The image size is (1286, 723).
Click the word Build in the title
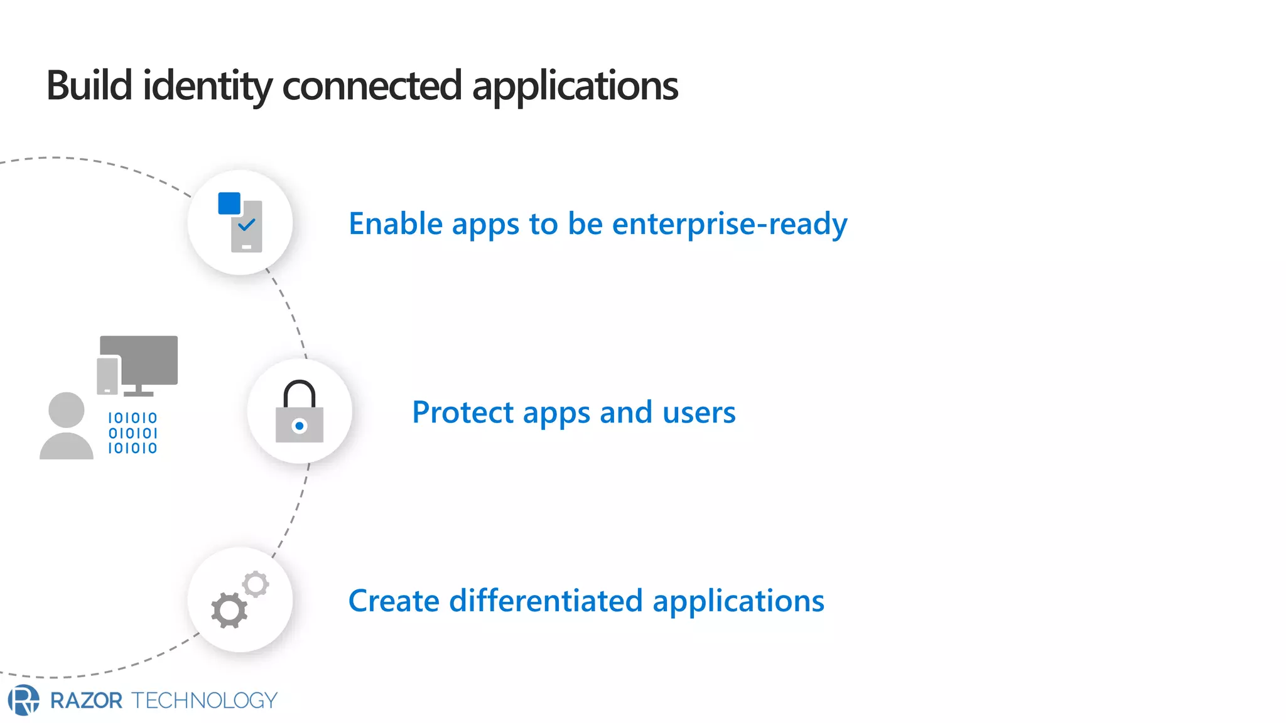(x=89, y=86)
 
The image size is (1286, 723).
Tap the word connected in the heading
(x=372, y=86)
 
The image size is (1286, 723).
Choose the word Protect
(x=463, y=413)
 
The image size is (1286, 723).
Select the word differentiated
(x=546, y=601)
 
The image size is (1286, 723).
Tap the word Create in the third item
(x=394, y=601)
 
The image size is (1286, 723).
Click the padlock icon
(x=300, y=412)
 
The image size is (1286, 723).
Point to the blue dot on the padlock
(x=300, y=426)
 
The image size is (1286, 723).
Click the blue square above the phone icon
(x=229, y=203)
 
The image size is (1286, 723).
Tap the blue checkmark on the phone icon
(x=247, y=224)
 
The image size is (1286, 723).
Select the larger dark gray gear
(x=229, y=610)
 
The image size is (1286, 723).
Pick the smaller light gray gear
(x=256, y=584)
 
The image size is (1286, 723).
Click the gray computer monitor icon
(x=139, y=361)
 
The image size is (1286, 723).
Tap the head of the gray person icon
(x=67, y=410)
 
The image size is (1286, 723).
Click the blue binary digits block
(x=132, y=433)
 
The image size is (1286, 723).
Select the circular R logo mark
(x=23, y=700)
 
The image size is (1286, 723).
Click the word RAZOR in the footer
(x=87, y=700)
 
